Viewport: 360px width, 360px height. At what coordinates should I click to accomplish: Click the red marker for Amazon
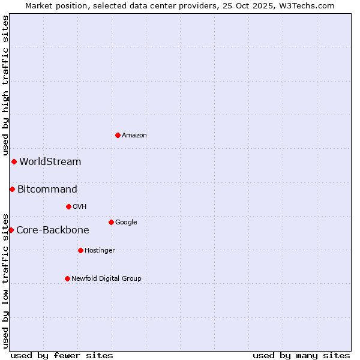click(x=118, y=135)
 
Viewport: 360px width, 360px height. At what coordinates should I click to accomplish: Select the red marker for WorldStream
click(x=14, y=161)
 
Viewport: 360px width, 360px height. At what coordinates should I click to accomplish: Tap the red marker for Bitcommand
click(x=12, y=189)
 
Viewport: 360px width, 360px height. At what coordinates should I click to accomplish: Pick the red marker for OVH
click(x=68, y=206)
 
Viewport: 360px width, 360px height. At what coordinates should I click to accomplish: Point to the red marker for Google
click(x=111, y=222)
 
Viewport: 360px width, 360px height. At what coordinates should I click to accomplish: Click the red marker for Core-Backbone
click(x=11, y=230)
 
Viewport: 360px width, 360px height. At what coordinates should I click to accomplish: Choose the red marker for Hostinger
click(x=80, y=250)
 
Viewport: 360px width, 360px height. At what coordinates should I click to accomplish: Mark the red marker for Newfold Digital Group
click(x=67, y=278)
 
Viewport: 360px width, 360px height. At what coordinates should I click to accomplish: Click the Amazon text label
click(x=134, y=136)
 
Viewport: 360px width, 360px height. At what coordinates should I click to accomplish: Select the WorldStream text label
click(x=50, y=161)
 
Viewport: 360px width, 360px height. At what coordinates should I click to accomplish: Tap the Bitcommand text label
click(x=47, y=190)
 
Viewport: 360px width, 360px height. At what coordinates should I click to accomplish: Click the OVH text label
click(x=80, y=207)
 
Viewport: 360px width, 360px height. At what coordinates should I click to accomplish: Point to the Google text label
click(x=126, y=223)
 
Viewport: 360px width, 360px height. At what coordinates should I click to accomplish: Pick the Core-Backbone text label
click(x=53, y=230)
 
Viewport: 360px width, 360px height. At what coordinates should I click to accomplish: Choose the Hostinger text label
click(x=100, y=251)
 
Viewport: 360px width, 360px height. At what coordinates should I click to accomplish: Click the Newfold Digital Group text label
click(x=107, y=279)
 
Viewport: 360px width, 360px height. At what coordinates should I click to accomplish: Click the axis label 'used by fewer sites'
click(x=62, y=355)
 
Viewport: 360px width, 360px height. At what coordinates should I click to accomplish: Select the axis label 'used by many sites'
click(x=301, y=355)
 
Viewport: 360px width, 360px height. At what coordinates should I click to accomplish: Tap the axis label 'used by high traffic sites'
click(x=5, y=86)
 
